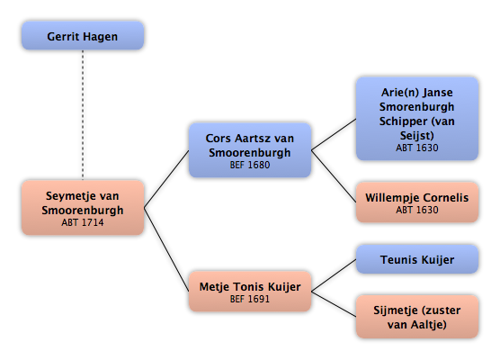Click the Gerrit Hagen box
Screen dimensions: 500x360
click(83, 35)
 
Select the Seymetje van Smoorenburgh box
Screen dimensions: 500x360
click(83, 208)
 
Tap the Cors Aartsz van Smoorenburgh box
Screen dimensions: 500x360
click(250, 150)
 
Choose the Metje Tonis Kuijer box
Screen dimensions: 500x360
click(250, 291)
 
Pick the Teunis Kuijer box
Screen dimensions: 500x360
click(417, 259)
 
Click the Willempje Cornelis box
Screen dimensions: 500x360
click(417, 202)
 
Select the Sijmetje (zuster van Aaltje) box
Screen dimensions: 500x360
click(417, 317)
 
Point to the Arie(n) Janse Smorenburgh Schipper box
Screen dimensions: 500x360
click(417, 119)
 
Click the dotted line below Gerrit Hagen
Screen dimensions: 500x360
click(83, 115)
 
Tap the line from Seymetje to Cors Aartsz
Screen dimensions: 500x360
click(166, 179)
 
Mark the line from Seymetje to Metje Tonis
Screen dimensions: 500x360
click(166, 249)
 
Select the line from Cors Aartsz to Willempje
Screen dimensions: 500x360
click(334, 176)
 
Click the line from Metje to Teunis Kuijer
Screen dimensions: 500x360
click(334, 275)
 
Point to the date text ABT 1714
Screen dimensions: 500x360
click(83, 222)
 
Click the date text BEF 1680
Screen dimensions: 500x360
click(250, 165)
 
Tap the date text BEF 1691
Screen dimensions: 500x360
click(250, 299)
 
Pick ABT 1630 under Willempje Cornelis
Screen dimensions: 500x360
click(417, 210)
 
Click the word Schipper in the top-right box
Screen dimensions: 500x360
click(403, 121)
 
